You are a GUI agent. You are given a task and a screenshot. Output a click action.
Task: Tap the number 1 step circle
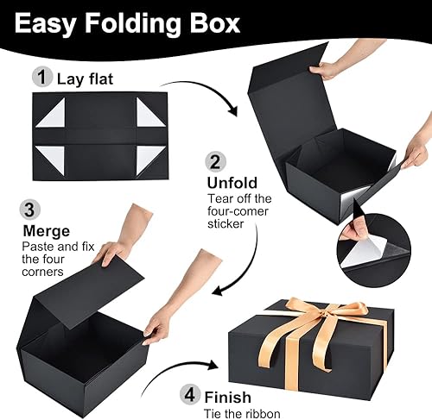[x=40, y=77]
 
